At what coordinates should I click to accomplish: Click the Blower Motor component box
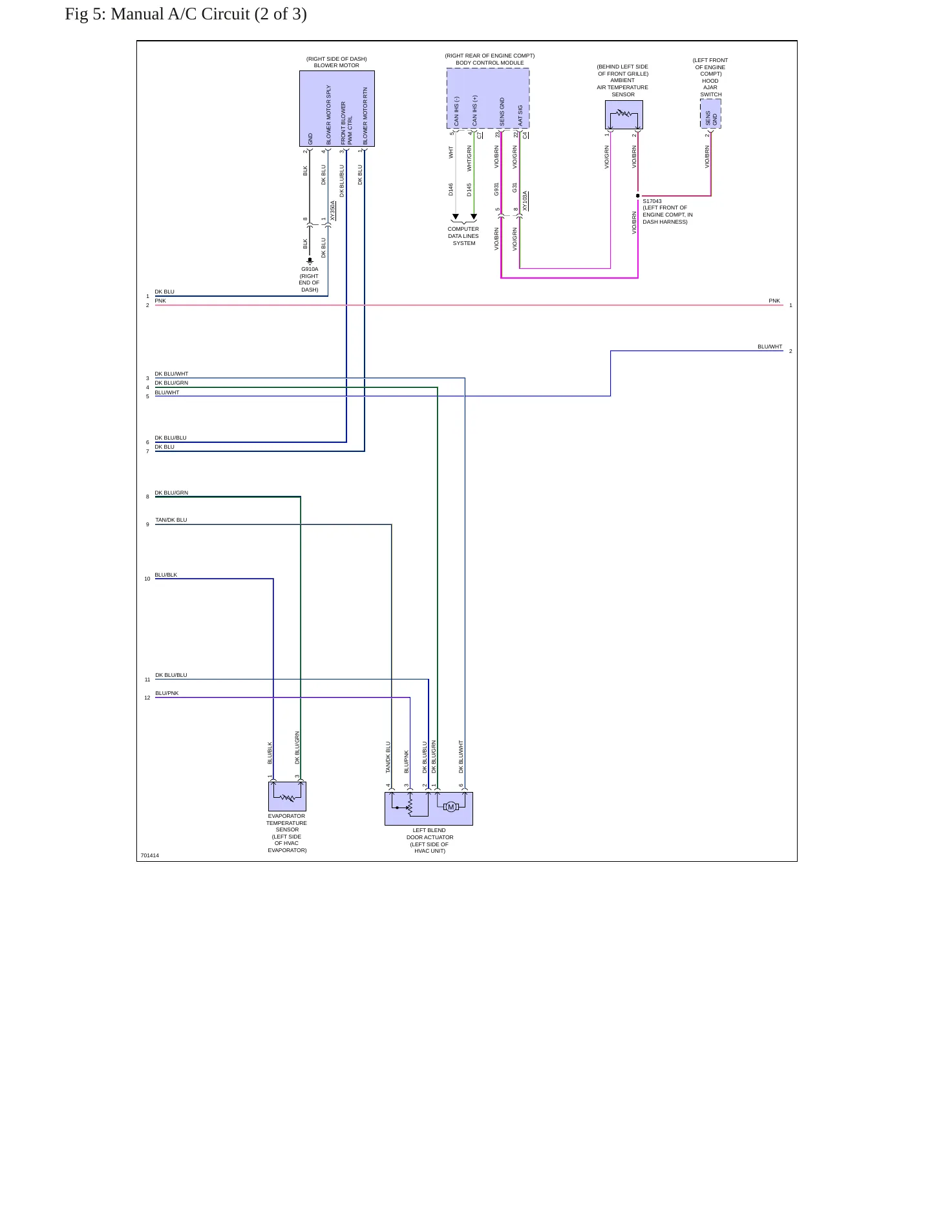pyautogui.click(x=337, y=109)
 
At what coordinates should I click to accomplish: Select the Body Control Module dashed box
pyautogui.click(x=488, y=98)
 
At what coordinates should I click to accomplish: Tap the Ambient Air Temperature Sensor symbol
pyautogui.click(x=624, y=114)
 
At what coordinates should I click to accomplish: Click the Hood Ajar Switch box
pyautogui.click(x=710, y=114)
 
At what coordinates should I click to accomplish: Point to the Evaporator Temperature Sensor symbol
pyautogui.click(x=287, y=796)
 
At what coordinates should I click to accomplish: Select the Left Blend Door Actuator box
pyautogui.click(x=429, y=809)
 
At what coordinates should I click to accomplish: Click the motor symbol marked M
pyautogui.click(x=451, y=806)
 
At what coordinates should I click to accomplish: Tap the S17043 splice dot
pyautogui.click(x=638, y=196)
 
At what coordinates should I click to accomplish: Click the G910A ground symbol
pyautogui.click(x=310, y=261)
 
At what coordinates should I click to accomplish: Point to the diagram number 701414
pyautogui.click(x=149, y=855)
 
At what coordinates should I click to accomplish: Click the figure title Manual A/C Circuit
pyautogui.click(x=186, y=14)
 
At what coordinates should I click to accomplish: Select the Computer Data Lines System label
pyautogui.click(x=463, y=236)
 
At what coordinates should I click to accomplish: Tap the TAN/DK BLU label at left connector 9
pyautogui.click(x=171, y=520)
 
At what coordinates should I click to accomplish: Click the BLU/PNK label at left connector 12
pyautogui.click(x=167, y=693)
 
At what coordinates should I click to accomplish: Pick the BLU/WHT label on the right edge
pyautogui.click(x=770, y=347)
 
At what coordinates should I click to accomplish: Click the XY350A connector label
pyautogui.click(x=333, y=211)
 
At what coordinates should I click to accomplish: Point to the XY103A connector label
pyautogui.click(x=525, y=201)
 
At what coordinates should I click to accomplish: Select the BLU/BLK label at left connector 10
pyautogui.click(x=166, y=575)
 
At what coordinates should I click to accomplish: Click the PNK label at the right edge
pyautogui.click(x=774, y=301)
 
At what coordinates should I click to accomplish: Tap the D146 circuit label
pyautogui.click(x=451, y=189)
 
